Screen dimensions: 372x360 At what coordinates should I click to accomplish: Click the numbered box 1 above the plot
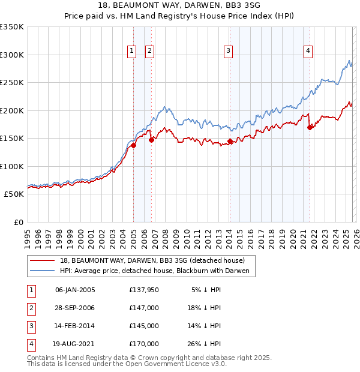pyautogui.click(x=131, y=52)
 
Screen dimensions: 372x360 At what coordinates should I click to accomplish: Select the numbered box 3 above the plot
pyautogui.click(x=229, y=52)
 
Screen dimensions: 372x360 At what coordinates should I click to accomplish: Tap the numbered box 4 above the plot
pyautogui.click(x=308, y=52)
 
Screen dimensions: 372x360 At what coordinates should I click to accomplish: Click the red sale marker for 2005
pyautogui.click(x=134, y=145)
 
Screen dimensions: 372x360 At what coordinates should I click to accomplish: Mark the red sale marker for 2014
pyautogui.click(x=230, y=141)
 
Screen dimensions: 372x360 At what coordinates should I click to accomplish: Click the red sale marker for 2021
pyautogui.click(x=310, y=127)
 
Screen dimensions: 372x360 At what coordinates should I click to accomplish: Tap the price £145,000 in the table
pyautogui.click(x=144, y=326)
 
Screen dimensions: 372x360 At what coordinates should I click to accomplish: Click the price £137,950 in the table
pyautogui.click(x=144, y=290)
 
